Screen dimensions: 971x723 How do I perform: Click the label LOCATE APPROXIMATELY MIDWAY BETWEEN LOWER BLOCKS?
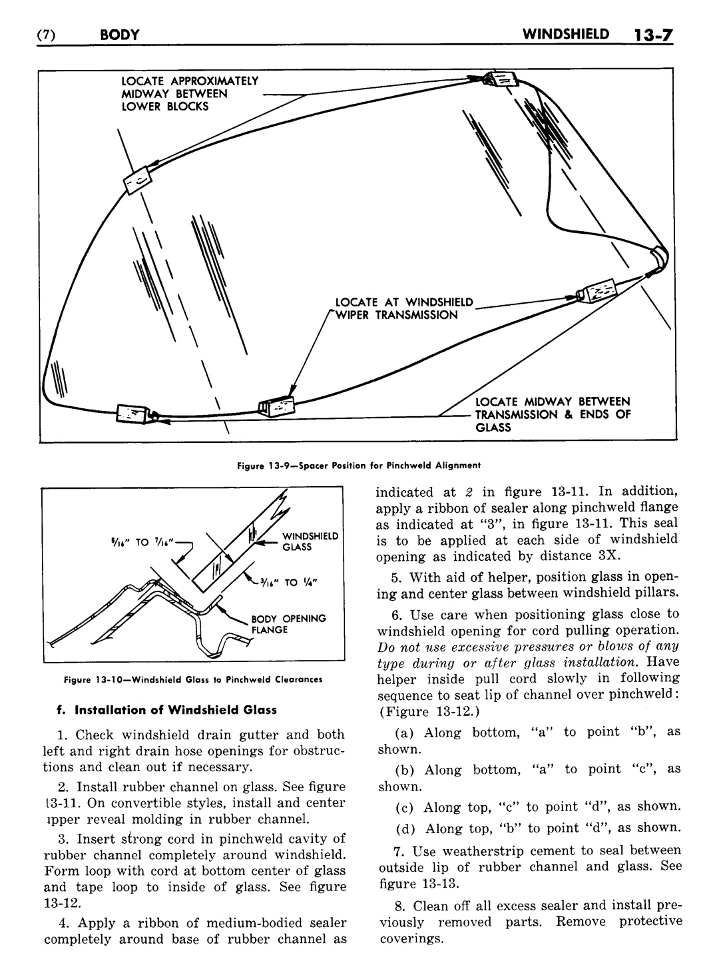click(x=189, y=94)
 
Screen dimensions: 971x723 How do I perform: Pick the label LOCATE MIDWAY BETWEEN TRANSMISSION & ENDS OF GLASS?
click(x=552, y=414)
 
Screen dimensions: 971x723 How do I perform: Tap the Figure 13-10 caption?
click(x=192, y=680)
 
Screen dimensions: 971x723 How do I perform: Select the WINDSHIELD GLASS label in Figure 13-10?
click(x=311, y=541)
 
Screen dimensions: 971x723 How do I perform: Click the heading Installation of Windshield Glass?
click(x=166, y=710)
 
